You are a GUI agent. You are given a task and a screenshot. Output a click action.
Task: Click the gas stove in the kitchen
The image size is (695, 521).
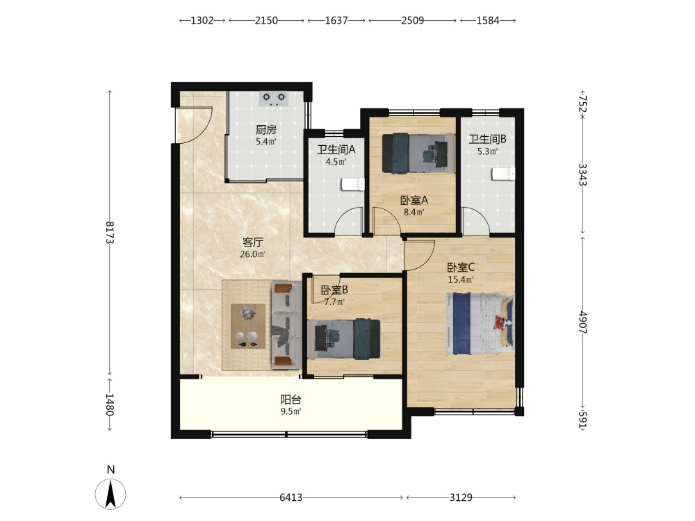tap(273, 99)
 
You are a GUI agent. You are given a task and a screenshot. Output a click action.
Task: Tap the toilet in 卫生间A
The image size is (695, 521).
tap(353, 184)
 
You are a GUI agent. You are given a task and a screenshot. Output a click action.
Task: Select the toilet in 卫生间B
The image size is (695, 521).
tap(503, 174)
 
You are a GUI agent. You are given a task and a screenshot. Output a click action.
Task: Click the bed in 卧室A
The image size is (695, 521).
tap(418, 153)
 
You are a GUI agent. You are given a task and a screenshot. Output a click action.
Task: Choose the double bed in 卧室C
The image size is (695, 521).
tap(480, 324)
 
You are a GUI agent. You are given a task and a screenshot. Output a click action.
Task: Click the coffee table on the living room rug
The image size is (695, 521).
tap(248, 326)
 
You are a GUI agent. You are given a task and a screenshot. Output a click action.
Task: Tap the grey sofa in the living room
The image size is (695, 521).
tap(286, 324)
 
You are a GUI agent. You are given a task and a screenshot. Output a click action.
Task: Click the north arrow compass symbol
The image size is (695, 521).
tap(111, 493)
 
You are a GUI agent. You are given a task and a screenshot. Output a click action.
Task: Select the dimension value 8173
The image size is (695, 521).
tap(110, 232)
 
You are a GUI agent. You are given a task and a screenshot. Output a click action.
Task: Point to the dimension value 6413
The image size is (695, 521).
tap(291, 497)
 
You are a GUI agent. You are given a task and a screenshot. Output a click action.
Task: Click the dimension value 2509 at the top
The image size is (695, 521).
tap(413, 20)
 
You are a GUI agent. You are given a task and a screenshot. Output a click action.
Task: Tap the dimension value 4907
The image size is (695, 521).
tap(583, 322)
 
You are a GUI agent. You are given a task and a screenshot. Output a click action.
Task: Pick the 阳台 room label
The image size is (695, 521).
tap(291, 399)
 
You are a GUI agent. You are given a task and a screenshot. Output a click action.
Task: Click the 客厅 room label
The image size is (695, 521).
tap(253, 242)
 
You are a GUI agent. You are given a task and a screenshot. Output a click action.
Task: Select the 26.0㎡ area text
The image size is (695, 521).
tap(253, 254)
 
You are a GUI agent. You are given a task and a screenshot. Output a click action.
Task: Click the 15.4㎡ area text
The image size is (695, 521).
tap(461, 279)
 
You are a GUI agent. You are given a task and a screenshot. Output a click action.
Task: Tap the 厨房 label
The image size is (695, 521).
tap(266, 130)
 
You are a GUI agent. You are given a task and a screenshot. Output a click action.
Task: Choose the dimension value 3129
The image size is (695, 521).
tap(461, 497)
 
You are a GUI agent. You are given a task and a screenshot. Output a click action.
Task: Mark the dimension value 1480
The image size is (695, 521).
tap(110, 404)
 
